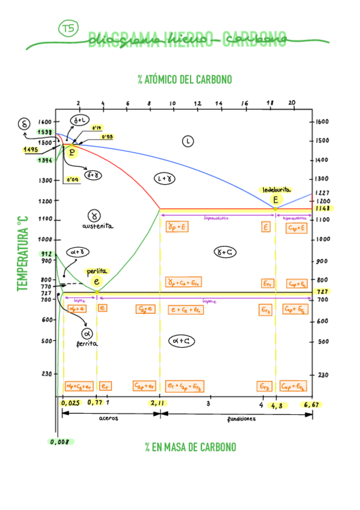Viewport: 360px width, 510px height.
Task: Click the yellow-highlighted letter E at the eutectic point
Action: tap(275, 200)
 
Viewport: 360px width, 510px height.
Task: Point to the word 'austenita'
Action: tap(98, 226)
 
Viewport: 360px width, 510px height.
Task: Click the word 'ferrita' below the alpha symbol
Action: tap(87, 344)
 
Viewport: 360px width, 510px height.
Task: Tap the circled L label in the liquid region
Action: tap(188, 141)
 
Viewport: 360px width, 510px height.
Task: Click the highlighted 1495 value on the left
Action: tap(31, 150)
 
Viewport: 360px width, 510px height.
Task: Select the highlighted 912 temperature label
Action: tap(46, 254)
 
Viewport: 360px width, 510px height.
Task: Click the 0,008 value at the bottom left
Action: tap(61, 441)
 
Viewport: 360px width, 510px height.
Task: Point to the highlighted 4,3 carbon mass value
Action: tap(276, 405)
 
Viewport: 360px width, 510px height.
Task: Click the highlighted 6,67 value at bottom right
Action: tap(311, 405)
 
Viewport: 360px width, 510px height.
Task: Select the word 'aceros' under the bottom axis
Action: tap(109, 419)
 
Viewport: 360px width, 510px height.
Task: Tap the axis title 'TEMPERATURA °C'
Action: tap(23, 256)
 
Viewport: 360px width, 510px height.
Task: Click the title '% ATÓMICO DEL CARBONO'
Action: tap(184, 79)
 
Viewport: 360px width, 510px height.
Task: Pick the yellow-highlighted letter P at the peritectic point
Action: tap(72, 152)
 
